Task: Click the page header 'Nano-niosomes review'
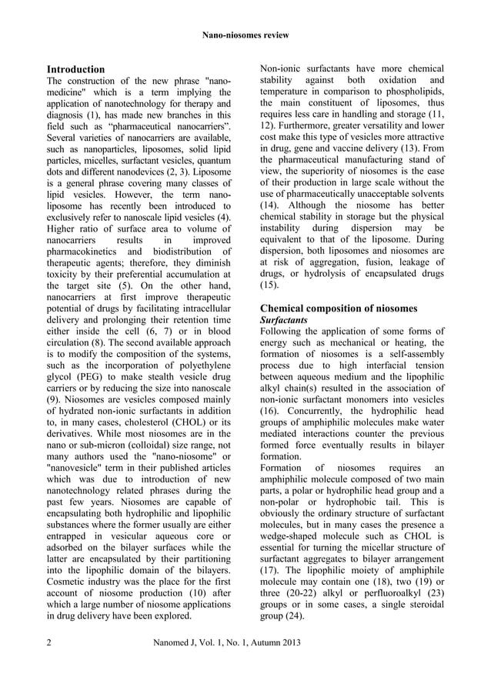(x=245, y=35)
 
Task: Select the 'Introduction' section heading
(x=76, y=69)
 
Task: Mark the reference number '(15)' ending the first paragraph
(x=269, y=285)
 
